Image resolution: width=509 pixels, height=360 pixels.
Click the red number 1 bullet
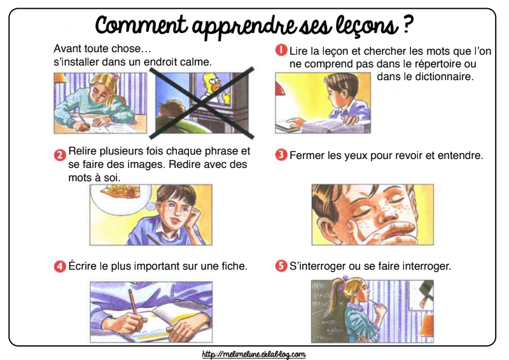click(281, 50)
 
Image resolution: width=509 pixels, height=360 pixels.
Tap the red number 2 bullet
click(60, 155)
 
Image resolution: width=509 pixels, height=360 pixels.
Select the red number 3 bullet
click(281, 155)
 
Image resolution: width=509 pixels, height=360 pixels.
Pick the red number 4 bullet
click(60, 267)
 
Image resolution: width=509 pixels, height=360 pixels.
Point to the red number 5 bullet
click(281, 267)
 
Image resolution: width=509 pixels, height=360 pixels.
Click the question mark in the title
click(408, 24)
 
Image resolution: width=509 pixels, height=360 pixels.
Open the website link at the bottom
click(253, 354)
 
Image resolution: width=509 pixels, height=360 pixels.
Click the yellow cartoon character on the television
click(214, 86)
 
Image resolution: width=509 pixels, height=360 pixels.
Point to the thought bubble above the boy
click(121, 197)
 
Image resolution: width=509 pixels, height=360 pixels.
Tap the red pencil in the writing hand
click(135, 308)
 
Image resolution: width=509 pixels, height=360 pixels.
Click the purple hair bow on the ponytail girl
click(342, 282)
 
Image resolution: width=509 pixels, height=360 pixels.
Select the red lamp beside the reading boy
click(279, 89)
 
